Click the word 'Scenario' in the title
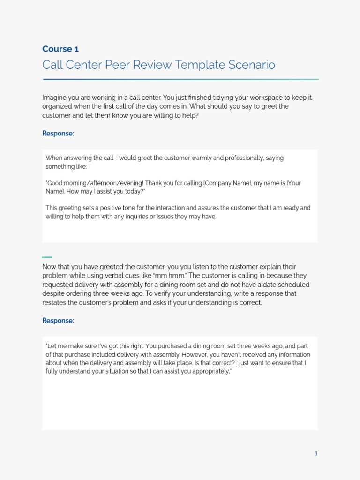tap(252, 65)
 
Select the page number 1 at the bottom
tap(316, 453)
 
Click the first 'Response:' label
tap(58, 134)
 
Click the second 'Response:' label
tap(58, 321)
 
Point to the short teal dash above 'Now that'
tap(47, 257)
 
